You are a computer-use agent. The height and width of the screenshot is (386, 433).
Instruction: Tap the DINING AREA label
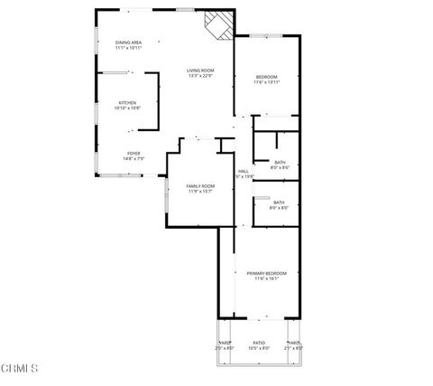(x=128, y=42)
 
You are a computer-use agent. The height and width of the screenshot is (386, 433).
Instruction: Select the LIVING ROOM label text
(x=200, y=71)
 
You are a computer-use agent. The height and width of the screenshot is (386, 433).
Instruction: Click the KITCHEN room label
(x=128, y=103)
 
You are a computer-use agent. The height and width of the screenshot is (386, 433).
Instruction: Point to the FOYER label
(x=133, y=153)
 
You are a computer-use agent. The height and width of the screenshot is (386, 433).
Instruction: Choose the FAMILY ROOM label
(x=200, y=185)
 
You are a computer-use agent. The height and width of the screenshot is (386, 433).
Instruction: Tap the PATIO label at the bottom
(x=258, y=343)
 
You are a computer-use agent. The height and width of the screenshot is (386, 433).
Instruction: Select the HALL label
(x=243, y=171)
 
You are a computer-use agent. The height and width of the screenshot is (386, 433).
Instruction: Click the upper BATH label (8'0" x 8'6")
(x=280, y=162)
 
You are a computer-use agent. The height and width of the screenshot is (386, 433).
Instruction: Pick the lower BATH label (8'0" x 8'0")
(x=279, y=202)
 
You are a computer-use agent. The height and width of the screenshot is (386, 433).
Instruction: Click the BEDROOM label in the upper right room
(x=266, y=77)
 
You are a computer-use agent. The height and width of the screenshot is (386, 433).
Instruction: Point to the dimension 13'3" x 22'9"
(x=200, y=76)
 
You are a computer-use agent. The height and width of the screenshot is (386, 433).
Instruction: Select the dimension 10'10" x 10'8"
(x=128, y=108)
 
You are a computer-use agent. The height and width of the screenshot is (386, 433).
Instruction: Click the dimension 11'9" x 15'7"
(x=200, y=191)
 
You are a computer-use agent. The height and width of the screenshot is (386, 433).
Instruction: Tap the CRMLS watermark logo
(x=20, y=368)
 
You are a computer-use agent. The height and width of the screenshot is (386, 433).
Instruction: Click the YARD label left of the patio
(x=223, y=343)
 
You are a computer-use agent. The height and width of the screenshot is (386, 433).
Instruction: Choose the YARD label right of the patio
(x=293, y=343)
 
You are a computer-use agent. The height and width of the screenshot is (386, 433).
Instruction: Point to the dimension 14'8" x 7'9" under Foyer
(x=133, y=158)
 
